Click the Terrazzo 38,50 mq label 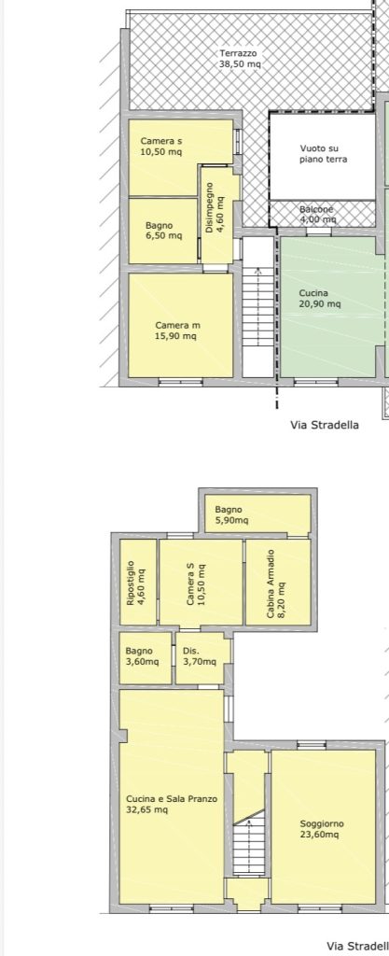click(x=240, y=58)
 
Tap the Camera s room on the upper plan click(x=180, y=157)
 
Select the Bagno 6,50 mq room click(x=163, y=231)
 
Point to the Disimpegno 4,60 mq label click(x=215, y=208)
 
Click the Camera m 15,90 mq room click(x=180, y=325)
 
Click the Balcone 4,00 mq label click(x=317, y=214)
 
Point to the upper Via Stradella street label click(x=325, y=425)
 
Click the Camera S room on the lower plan click(x=201, y=583)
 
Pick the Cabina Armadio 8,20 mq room click(x=278, y=583)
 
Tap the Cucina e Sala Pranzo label click(x=171, y=799)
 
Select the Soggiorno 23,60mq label click(x=322, y=829)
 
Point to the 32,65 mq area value click(x=146, y=809)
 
